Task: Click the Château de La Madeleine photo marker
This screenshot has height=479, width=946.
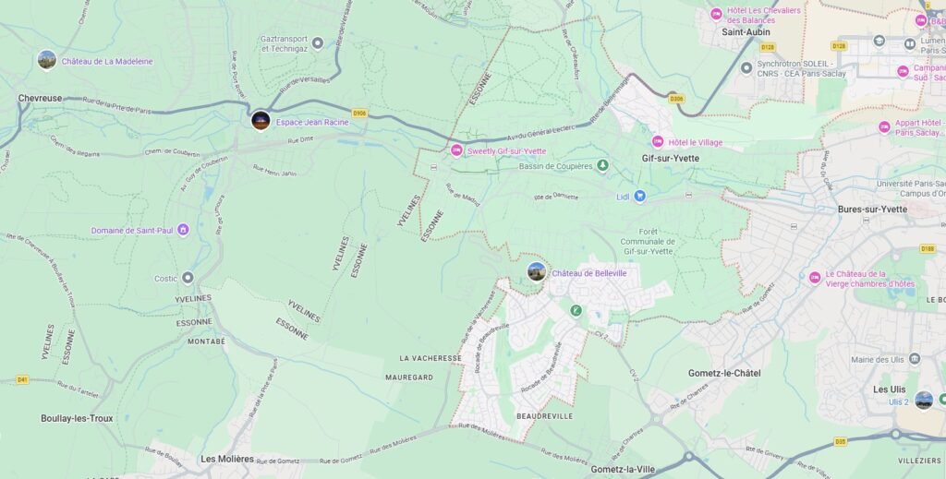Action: tap(46, 60)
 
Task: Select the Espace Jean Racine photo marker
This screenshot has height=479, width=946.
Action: tap(261, 121)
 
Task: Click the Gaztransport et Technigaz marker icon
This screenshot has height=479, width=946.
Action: tap(318, 42)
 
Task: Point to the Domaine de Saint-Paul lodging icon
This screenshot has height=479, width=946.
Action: tap(183, 230)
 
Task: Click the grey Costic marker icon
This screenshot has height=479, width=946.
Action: tap(188, 278)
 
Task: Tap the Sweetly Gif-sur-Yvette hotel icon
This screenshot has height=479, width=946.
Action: tap(456, 150)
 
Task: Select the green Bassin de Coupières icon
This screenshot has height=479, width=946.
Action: tap(602, 166)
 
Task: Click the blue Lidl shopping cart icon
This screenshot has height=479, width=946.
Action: tap(639, 197)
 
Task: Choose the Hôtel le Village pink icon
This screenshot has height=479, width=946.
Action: tap(658, 142)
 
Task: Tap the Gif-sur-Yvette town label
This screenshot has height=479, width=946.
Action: tap(671, 158)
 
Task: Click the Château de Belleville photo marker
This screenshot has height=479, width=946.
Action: tap(537, 272)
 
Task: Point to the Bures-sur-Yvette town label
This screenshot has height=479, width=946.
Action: tap(872, 210)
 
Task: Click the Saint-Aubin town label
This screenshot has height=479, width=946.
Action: tap(746, 31)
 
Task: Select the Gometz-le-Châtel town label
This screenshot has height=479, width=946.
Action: tap(724, 373)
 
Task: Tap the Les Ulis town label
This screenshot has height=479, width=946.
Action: tap(889, 389)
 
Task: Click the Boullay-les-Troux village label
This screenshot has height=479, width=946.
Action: tap(77, 418)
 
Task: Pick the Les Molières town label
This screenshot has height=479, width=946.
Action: tap(227, 459)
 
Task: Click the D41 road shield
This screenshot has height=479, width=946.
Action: tap(23, 379)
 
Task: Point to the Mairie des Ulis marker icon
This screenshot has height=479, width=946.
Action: tap(915, 359)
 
